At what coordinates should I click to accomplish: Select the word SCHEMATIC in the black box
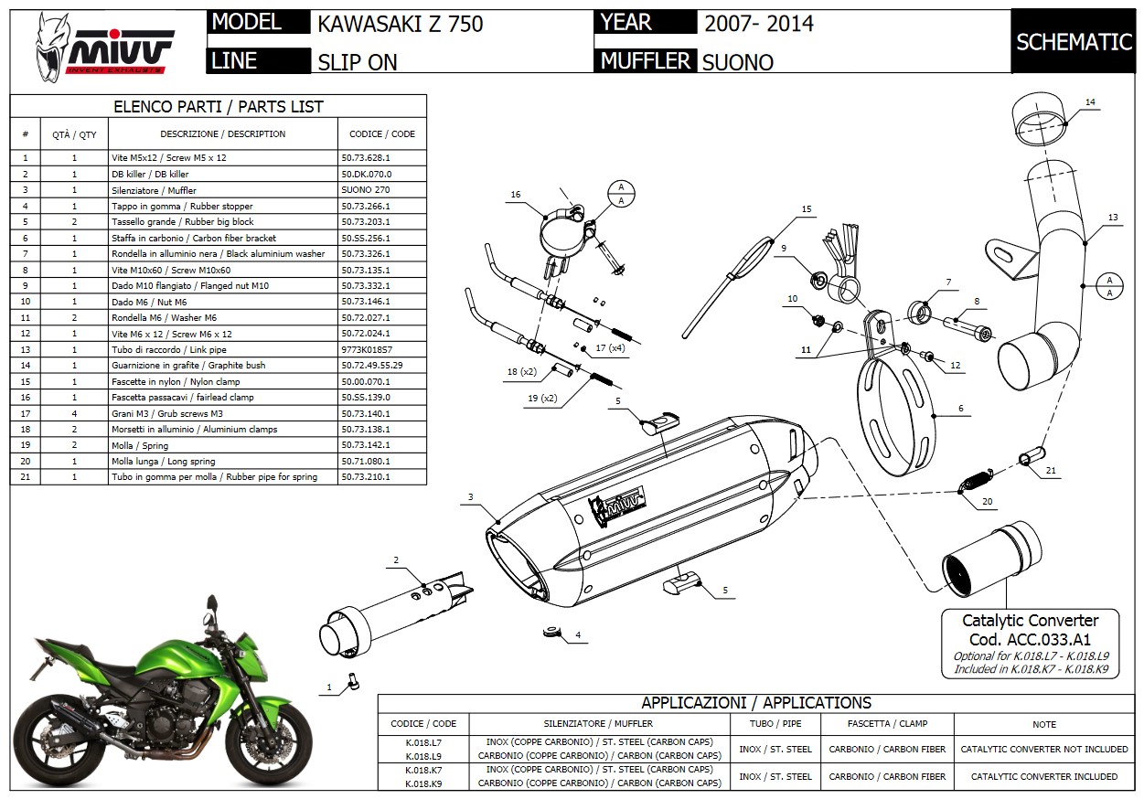pos(1074,41)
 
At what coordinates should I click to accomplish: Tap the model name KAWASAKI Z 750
pos(400,24)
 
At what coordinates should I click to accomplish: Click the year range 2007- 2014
pos(759,24)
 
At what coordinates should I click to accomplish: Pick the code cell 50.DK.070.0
pos(366,174)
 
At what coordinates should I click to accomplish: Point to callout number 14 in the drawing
pos(1090,101)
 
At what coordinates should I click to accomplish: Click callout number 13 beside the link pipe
pos(1112,218)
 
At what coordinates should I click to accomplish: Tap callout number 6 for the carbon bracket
pos(960,410)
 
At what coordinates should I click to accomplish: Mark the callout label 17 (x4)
pos(610,348)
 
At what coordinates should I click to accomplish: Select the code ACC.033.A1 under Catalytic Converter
pos(1030,640)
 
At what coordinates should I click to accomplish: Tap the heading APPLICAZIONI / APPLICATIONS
pos(755,703)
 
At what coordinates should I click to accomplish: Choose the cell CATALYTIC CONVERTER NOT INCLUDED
pos(1043,749)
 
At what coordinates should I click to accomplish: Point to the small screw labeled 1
pos(352,680)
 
